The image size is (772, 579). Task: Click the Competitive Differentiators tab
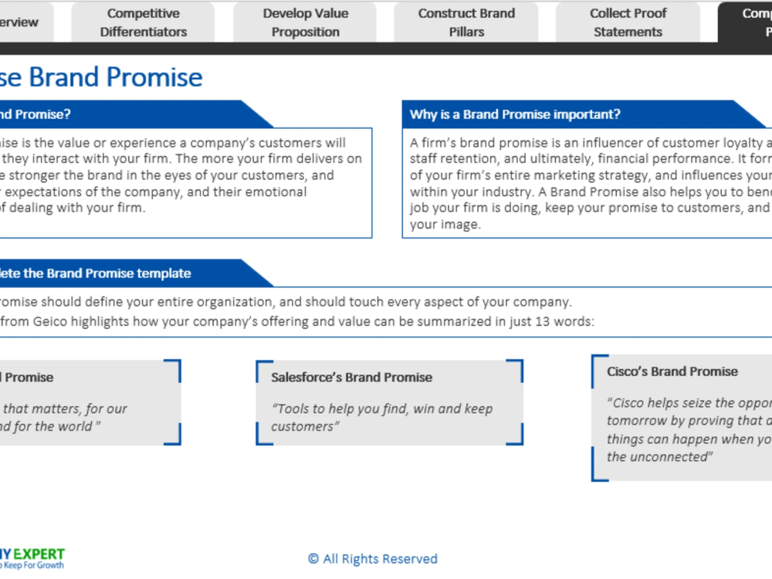tap(144, 22)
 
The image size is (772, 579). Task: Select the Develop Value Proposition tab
tap(305, 22)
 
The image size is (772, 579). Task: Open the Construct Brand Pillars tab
tap(466, 22)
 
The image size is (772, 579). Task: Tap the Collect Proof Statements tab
tap(628, 22)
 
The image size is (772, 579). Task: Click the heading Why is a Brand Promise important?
tap(515, 114)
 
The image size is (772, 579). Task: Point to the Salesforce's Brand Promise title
tap(351, 378)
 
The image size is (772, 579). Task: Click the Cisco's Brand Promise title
tap(672, 371)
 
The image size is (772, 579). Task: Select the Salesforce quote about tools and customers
tap(381, 418)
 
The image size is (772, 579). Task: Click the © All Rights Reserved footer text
tap(372, 559)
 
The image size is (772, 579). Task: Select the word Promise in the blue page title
tap(154, 77)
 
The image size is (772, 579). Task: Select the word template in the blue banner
tap(164, 273)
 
